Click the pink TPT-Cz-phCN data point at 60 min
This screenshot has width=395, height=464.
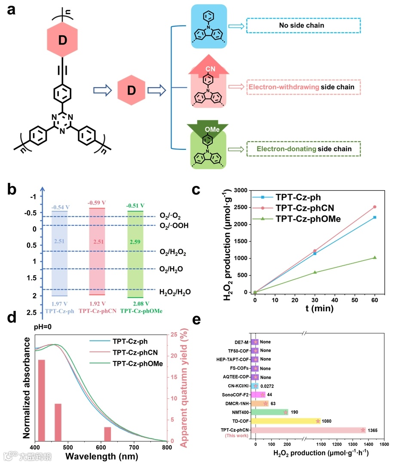pyautogui.click(x=375, y=207)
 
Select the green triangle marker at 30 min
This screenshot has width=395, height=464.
pyautogui.click(x=315, y=272)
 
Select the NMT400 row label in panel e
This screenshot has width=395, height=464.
pyautogui.click(x=240, y=412)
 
